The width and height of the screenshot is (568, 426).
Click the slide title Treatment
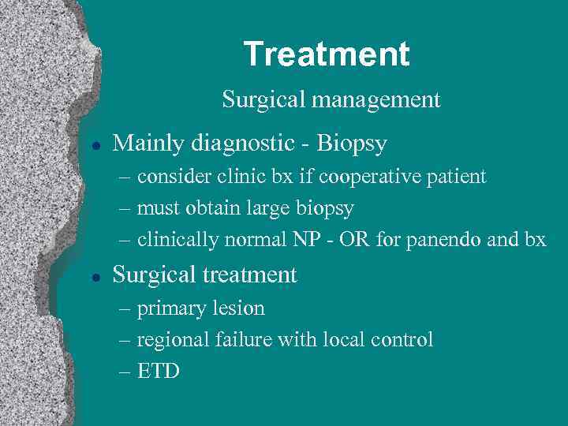(327, 54)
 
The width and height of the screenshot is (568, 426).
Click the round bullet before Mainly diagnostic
(95, 145)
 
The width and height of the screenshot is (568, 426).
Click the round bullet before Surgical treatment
(95, 276)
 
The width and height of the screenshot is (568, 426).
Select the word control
(402, 339)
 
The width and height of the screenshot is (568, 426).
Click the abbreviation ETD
(159, 371)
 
